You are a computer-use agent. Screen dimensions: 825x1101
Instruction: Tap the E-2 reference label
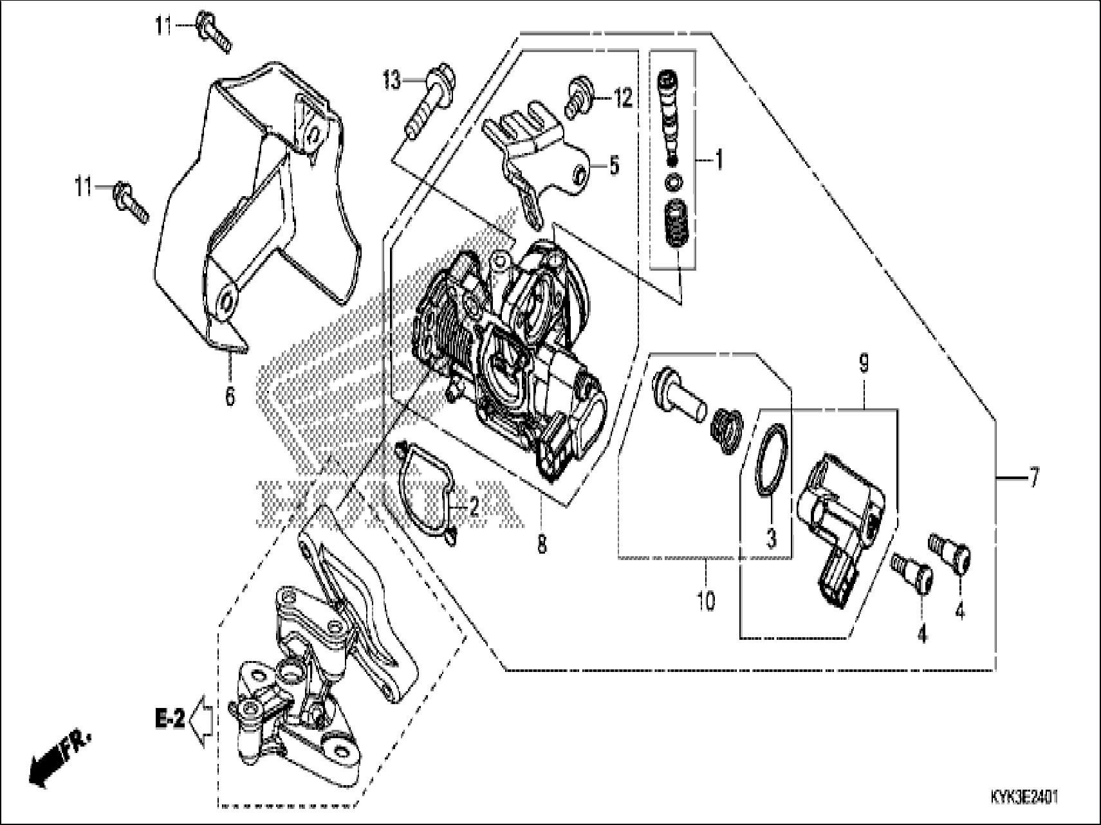click(x=169, y=718)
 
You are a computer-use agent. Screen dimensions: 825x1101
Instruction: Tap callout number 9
click(x=864, y=365)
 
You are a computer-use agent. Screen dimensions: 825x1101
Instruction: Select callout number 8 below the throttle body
click(x=541, y=545)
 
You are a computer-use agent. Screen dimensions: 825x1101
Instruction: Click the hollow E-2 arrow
click(x=203, y=720)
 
